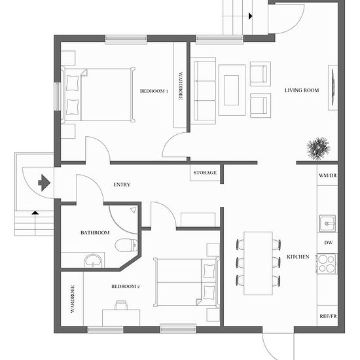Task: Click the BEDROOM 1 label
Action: (x=154, y=91)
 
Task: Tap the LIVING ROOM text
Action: (x=302, y=90)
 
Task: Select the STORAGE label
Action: (x=205, y=173)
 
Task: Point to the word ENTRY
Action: (x=122, y=185)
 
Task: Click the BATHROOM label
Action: (x=95, y=233)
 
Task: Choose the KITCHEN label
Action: (x=298, y=257)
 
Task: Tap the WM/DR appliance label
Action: (x=328, y=175)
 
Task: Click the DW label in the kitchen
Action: (x=329, y=243)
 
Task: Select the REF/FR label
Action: (x=328, y=316)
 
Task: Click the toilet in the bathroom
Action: (x=126, y=245)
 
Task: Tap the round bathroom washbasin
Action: (x=93, y=261)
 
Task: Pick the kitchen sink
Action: (x=328, y=223)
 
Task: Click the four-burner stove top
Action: (x=327, y=264)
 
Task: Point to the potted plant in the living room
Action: (x=318, y=149)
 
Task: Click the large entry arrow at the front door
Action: (x=44, y=183)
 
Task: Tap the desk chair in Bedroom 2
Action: (x=121, y=306)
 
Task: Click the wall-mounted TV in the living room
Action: (x=333, y=88)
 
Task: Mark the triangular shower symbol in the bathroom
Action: (x=134, y=210)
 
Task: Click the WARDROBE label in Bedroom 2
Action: (x=73, y=299)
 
